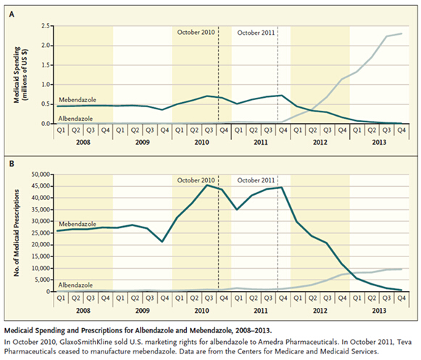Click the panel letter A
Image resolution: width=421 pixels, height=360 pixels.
point(12,14)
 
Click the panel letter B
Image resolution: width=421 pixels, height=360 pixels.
point(12,164)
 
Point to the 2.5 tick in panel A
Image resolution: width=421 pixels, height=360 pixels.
point(46,26)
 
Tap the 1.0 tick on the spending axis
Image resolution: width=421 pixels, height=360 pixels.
point(46,85)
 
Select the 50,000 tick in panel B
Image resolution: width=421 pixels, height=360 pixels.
point(41,175)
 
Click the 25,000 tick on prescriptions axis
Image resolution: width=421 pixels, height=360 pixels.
point(41,233)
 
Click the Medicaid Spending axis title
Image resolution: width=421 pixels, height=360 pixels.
point(21,75)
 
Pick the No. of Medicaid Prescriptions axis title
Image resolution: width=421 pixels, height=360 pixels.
point(17,233)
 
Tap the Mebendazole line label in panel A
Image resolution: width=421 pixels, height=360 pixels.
point(78,100)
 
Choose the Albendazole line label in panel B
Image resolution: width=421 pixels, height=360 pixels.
point(75,285)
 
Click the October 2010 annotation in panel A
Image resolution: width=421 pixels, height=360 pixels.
point(196,33)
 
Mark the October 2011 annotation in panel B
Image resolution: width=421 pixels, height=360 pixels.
point(256,180)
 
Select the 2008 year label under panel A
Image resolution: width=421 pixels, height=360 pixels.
point(83,142)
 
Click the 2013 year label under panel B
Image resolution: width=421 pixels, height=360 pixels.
point(379,311)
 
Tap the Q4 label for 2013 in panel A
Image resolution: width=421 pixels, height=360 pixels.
point(401,130)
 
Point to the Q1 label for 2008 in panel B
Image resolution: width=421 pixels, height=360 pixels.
point(61,298)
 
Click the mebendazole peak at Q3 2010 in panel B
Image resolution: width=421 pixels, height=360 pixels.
point(207,185)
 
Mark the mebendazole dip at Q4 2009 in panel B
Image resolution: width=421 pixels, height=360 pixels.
point(162,242)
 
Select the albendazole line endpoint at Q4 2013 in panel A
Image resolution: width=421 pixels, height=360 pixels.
point(401,33)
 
